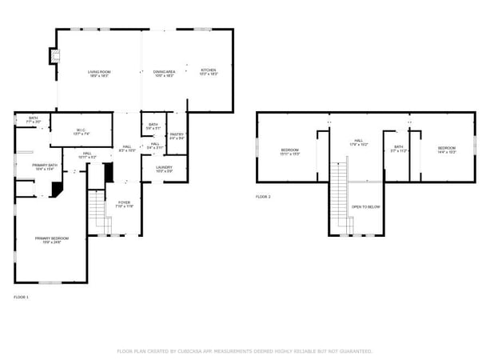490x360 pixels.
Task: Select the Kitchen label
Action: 208,72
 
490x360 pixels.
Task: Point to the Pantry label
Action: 177,136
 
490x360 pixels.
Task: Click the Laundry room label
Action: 164,169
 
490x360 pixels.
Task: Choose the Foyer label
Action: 124,204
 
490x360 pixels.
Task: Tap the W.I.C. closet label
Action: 81,132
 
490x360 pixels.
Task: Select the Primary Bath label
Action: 44,167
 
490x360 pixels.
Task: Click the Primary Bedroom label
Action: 51,239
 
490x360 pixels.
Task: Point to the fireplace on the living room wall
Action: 54,57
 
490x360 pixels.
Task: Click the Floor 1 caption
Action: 21,297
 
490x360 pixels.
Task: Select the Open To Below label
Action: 366,207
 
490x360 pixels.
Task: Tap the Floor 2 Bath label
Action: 398,149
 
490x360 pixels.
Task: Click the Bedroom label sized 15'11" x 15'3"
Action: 289,151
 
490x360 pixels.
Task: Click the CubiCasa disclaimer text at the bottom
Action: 245,350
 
